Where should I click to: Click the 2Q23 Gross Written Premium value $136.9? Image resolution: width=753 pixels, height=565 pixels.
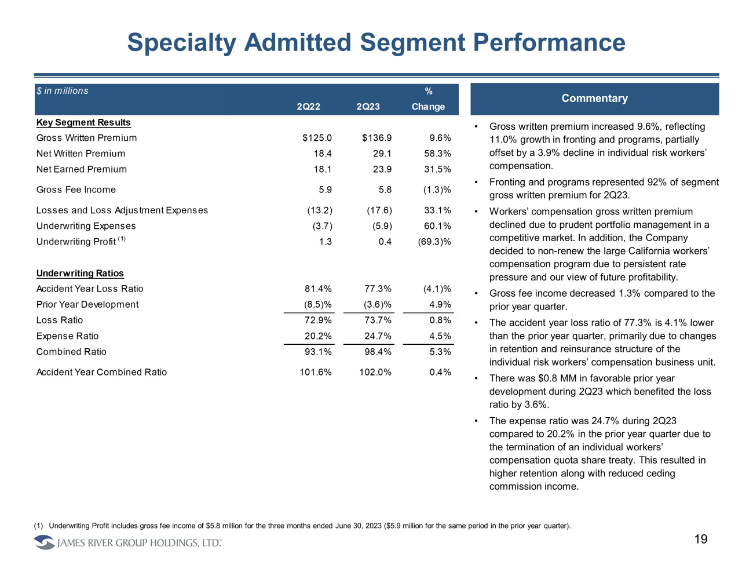376,138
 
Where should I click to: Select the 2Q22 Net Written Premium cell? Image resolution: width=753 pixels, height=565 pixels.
323,154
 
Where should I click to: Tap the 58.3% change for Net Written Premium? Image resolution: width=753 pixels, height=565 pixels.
437,154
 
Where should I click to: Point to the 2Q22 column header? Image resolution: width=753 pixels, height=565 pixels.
308,107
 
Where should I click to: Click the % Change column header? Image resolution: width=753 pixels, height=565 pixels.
428,99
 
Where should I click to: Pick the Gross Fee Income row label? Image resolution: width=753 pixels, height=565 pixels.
76,189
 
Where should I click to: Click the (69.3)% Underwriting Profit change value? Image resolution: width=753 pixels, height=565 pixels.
434,242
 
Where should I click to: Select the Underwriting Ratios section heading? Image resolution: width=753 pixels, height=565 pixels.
80,274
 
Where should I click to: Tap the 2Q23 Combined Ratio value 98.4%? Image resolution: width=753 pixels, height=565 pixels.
375,352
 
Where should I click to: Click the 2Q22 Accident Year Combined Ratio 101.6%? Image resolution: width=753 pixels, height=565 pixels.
316,372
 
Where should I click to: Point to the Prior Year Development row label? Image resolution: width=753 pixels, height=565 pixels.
87,304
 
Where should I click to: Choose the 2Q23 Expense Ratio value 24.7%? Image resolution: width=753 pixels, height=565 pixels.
375,336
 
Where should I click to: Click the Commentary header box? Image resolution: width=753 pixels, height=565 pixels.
594,99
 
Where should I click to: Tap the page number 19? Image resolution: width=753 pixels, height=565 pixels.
701,540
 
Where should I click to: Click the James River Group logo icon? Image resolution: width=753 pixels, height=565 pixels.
44,542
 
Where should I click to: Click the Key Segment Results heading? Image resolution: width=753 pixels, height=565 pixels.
83,122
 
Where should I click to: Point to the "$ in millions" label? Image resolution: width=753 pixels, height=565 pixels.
63,91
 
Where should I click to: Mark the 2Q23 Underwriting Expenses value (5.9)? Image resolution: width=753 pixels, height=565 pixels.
382,226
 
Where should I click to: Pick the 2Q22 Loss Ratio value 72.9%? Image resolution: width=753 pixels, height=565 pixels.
318,320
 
